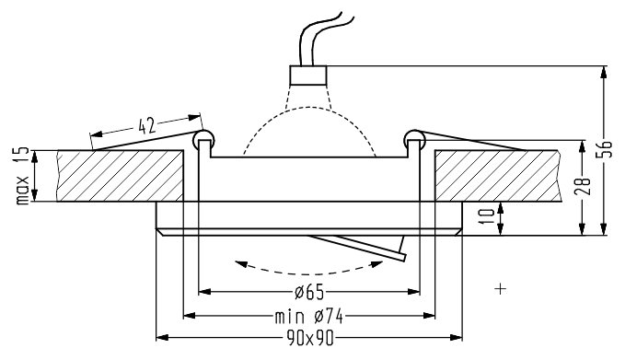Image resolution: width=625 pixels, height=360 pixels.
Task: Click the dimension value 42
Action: [146, 126]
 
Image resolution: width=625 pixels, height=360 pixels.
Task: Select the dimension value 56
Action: [606, 149]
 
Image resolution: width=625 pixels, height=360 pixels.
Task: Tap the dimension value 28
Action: [583, 186]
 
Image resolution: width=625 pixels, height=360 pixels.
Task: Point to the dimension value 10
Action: [489, 216]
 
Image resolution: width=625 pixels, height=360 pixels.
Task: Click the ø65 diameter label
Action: [309, 293]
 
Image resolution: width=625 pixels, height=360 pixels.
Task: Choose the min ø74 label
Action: [309, 317]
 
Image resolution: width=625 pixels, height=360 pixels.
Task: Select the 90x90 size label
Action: [309, 339]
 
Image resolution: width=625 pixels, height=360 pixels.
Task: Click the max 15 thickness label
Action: [22, 176]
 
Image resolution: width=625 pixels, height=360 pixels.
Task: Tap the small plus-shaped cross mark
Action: [500, 288]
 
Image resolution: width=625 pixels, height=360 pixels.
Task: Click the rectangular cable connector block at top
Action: [308, 75]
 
